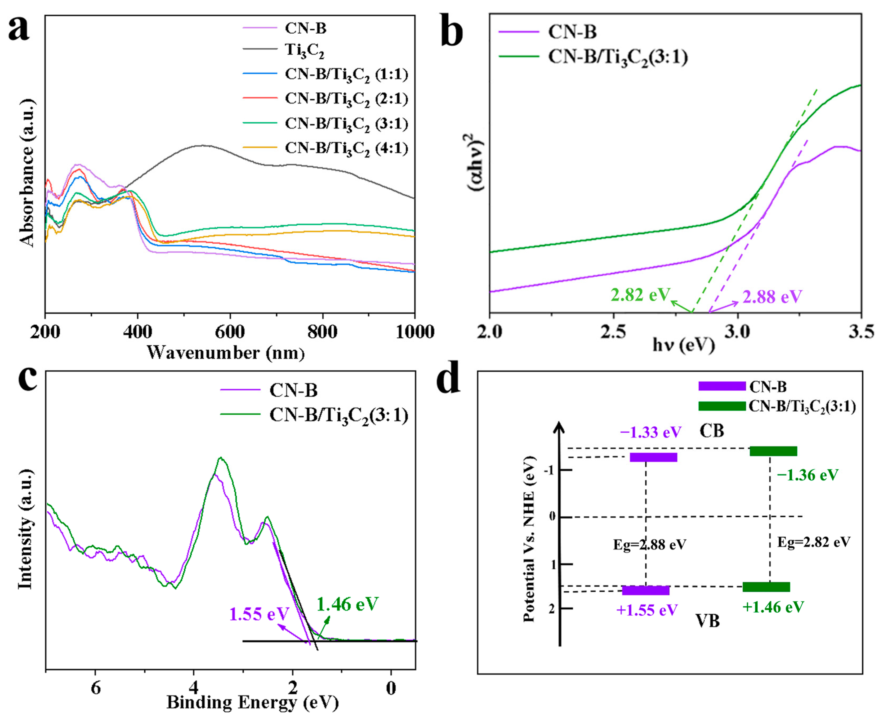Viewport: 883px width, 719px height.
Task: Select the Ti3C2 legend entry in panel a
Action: (304, 50)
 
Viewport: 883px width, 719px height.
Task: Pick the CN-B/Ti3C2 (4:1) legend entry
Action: (346, 149)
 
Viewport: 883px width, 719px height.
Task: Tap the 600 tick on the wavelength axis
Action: (230, 332)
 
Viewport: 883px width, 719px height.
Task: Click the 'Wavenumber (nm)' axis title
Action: (226, 353)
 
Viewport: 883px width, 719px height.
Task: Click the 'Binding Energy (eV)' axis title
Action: (253, 702)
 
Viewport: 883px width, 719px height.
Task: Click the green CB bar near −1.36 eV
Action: (773, 451)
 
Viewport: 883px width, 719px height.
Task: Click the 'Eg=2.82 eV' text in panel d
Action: (813, 542)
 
